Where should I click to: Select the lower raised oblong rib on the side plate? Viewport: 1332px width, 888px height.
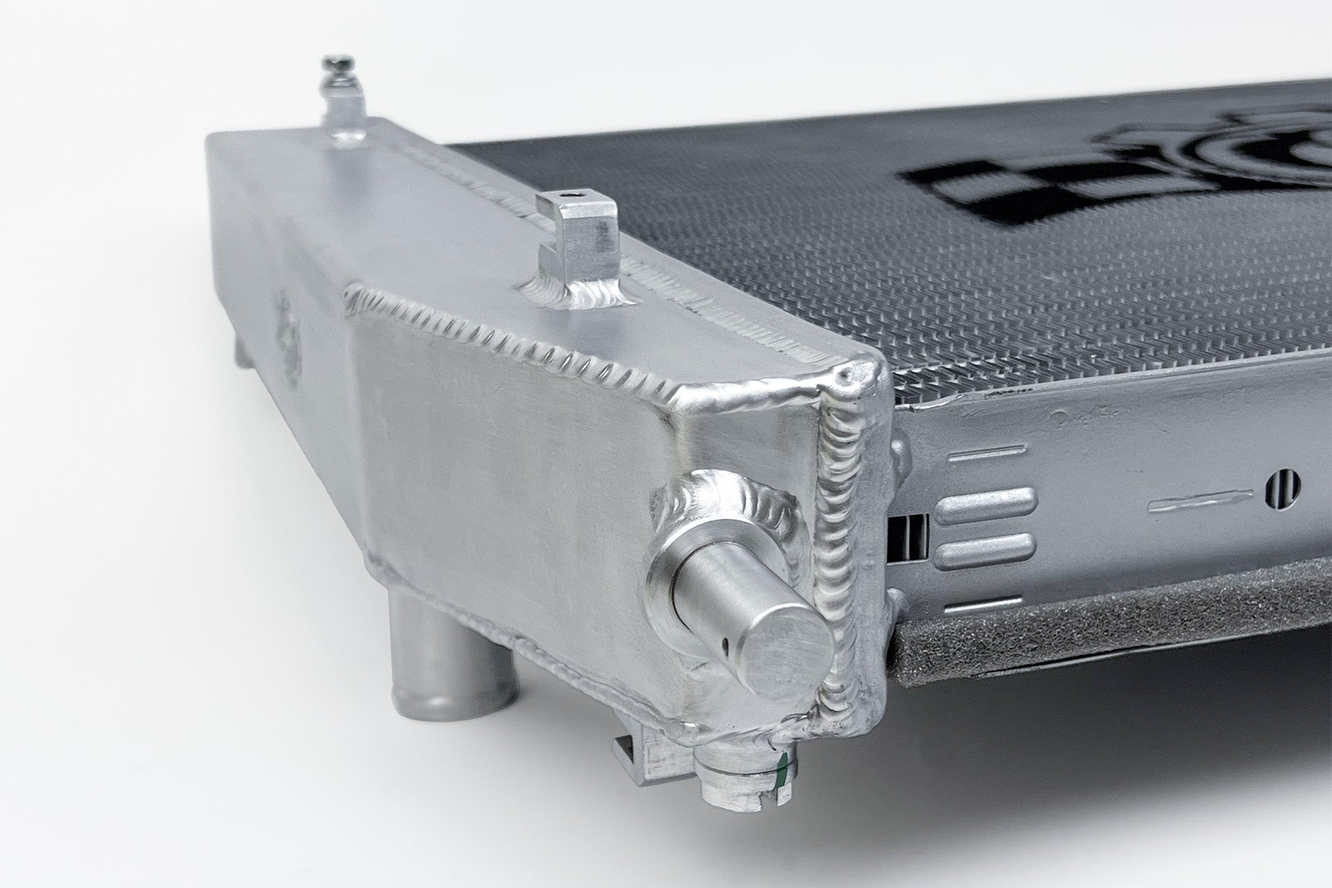click(x=984, y=553)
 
